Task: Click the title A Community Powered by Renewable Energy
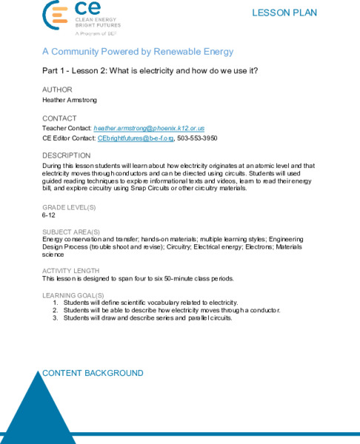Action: (138, 52)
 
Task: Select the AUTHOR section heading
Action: (58, 90)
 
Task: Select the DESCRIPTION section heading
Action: (66, 155)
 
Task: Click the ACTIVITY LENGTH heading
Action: (70, 271)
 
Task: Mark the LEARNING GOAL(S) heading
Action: (73, 295)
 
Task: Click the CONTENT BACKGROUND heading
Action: (93, 373)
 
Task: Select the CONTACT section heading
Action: (60, 118)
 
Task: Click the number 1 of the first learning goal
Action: (55, 303)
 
